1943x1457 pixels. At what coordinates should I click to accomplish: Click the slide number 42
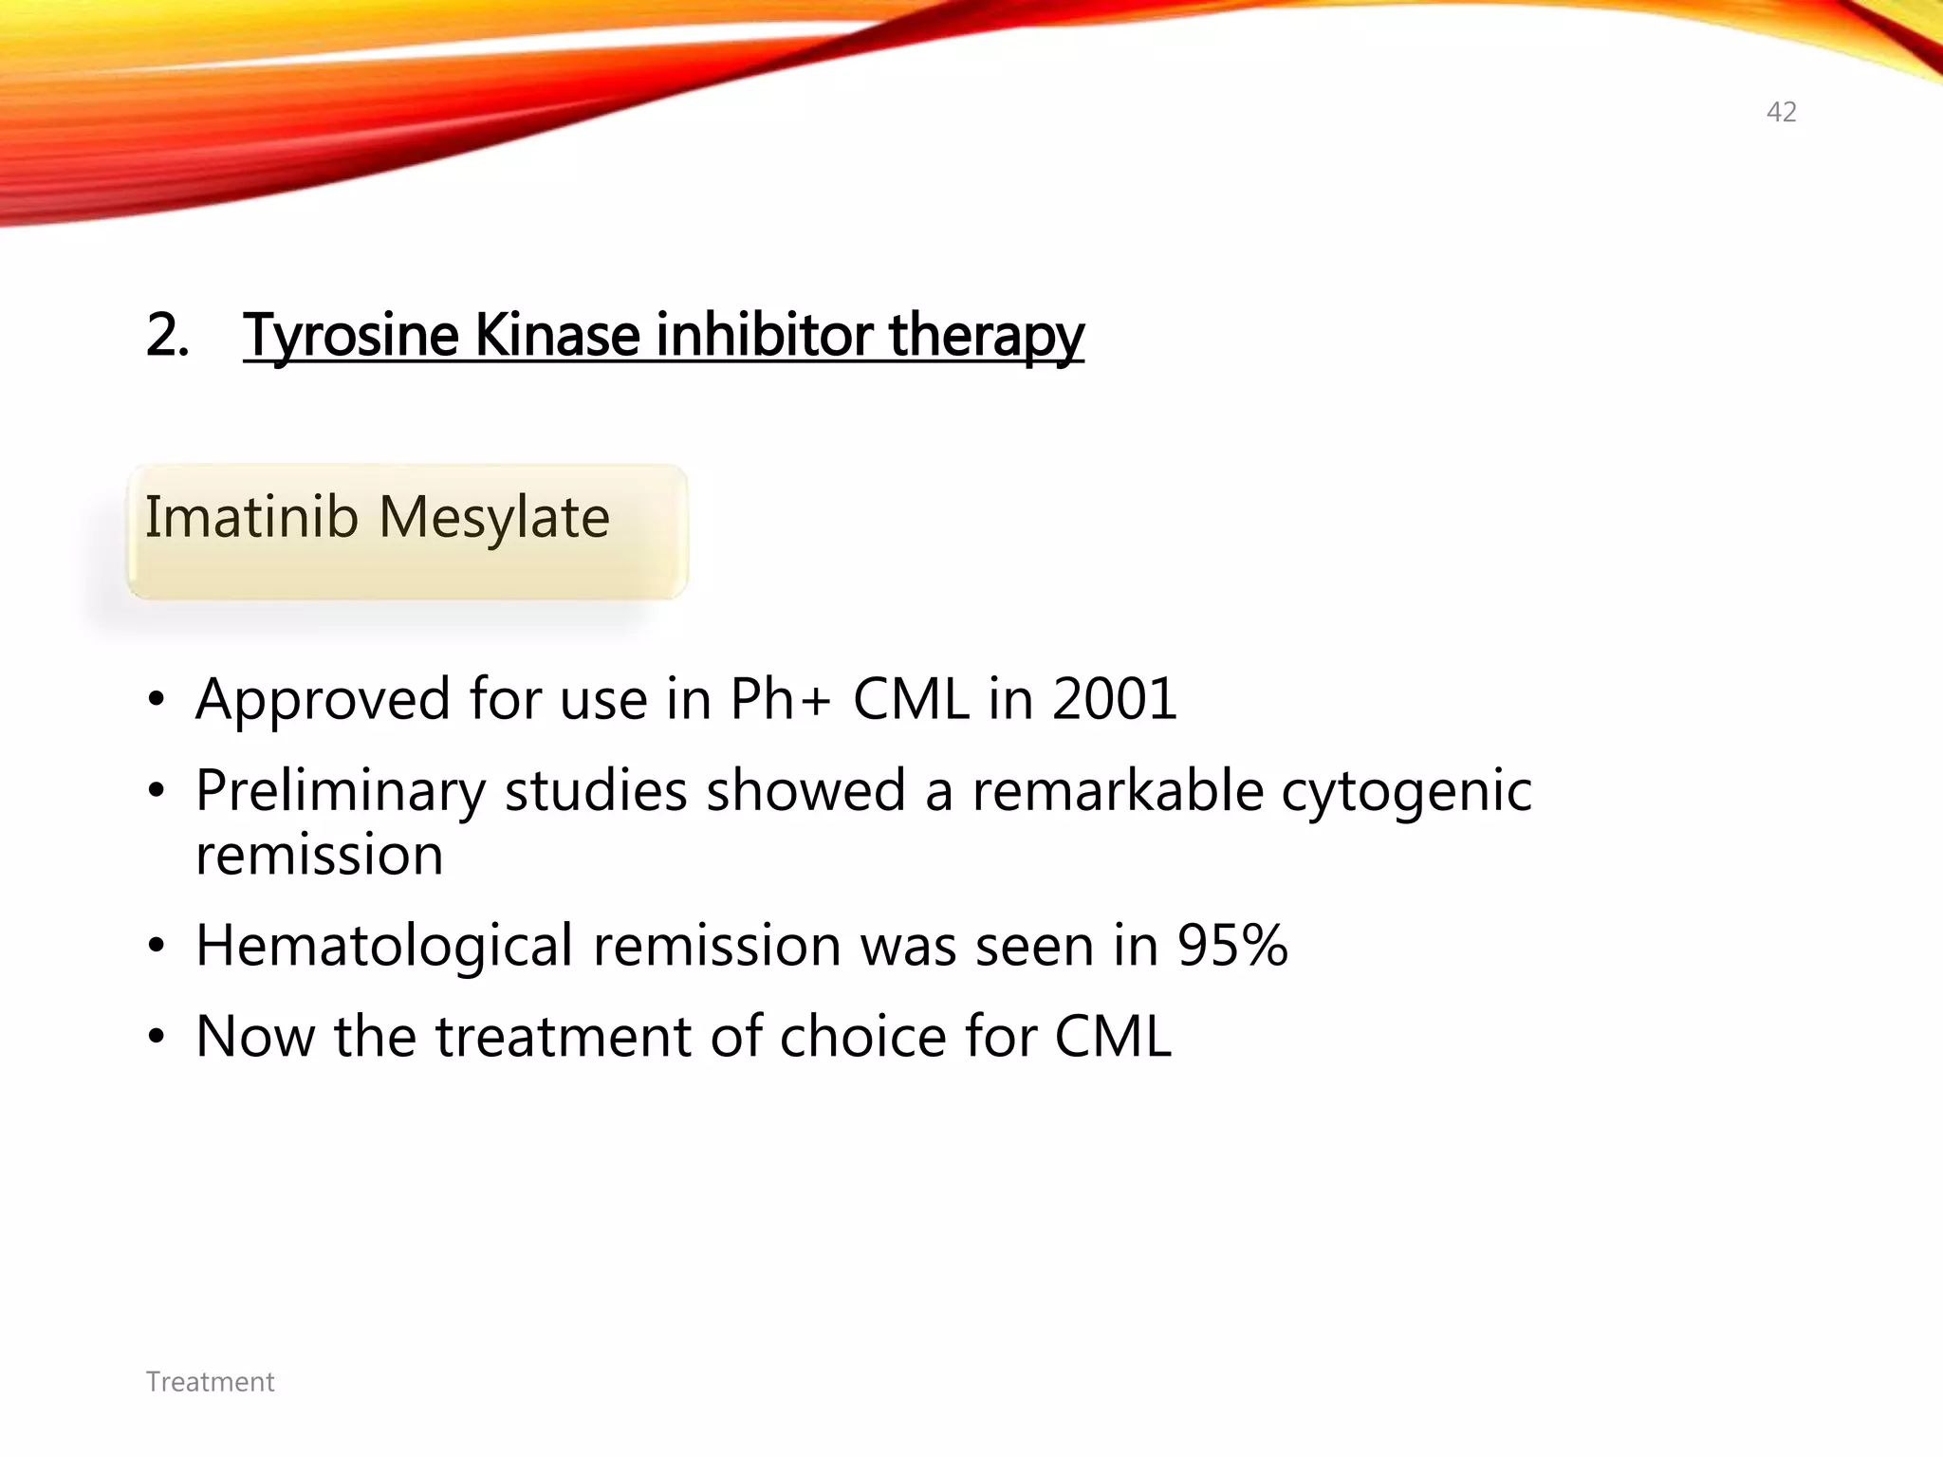[x=1781, y=113]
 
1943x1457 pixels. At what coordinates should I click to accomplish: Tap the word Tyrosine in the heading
[x=351, y=336]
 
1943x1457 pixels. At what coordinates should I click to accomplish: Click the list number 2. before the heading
[x=167, y=336]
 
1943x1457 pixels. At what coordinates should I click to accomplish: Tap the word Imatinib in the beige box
[x=251, y=518]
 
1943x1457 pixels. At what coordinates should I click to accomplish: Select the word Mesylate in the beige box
[x=493, y=520]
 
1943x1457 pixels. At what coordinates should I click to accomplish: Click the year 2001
[x=1115, y=699]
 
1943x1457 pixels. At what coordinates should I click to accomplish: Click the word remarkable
[x=1118, y=790]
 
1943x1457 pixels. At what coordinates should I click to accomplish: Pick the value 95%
[x=1232, y=946]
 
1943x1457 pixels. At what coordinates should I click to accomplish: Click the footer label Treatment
[x=210, y=1382]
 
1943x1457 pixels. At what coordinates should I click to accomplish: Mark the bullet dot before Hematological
[x=157, y=947]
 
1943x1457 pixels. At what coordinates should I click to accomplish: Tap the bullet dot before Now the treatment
[x=157, y=1037]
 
